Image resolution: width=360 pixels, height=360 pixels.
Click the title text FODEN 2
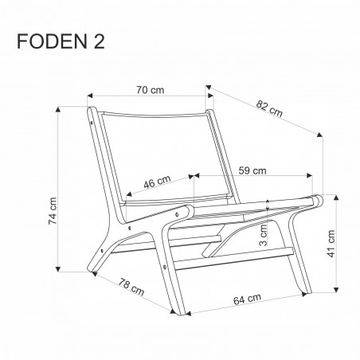pyautogui.click(x=62, y=41)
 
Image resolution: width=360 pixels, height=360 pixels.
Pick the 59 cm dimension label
pyautogui.click(x=253, y=169)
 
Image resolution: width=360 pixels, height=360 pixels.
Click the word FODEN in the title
pyautogui.click(x=52, y=41)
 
